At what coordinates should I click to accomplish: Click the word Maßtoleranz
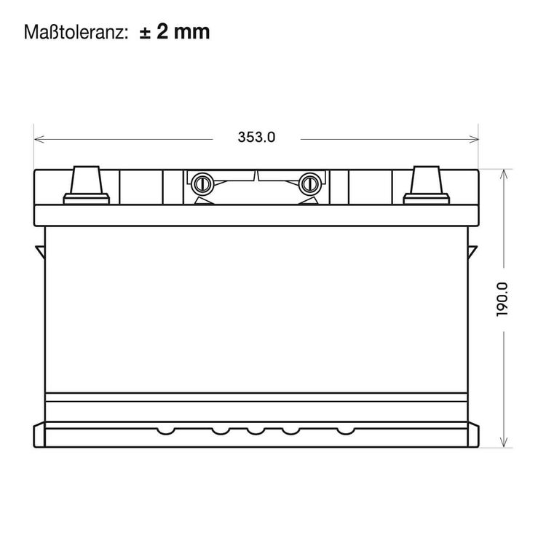click(x=74, y=32)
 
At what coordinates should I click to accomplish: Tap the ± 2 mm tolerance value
click(x=175, y=32)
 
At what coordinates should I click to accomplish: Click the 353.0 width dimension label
click(x=256, y=137)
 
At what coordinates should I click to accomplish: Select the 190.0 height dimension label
click(x=502, y=299)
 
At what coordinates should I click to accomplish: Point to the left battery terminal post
click(x=86, y=185)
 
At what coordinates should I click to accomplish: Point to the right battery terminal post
click(x=426, y=185)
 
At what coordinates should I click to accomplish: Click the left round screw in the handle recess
click(x=202, y=183)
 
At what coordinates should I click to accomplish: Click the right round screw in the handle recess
click(x=309, y=183)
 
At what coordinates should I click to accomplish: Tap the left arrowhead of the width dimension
click(x=39, y=139)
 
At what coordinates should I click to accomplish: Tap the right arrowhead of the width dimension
click(x=474, y=139)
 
